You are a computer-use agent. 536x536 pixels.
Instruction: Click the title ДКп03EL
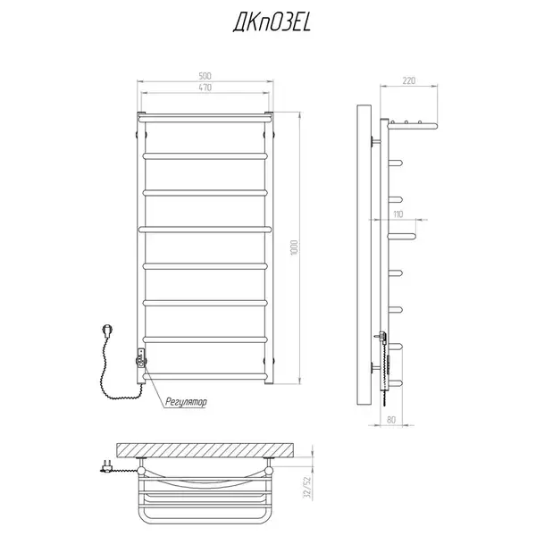pos(272,24)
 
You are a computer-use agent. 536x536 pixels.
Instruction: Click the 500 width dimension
pos(205,76)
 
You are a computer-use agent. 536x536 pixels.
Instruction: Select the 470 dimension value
pos(205,88)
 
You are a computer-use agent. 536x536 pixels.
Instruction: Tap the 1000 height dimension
pos(294,247)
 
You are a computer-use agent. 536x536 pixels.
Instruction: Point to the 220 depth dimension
pos(409,80)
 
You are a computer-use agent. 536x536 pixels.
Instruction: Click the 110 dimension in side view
pos(398,214)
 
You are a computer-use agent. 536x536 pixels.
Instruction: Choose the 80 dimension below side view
pos(391,420)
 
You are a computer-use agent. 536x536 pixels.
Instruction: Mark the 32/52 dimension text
pos(307,487)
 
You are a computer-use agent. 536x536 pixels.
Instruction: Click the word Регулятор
pos(186,402)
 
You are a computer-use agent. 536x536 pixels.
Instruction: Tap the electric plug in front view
pos(107,331)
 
